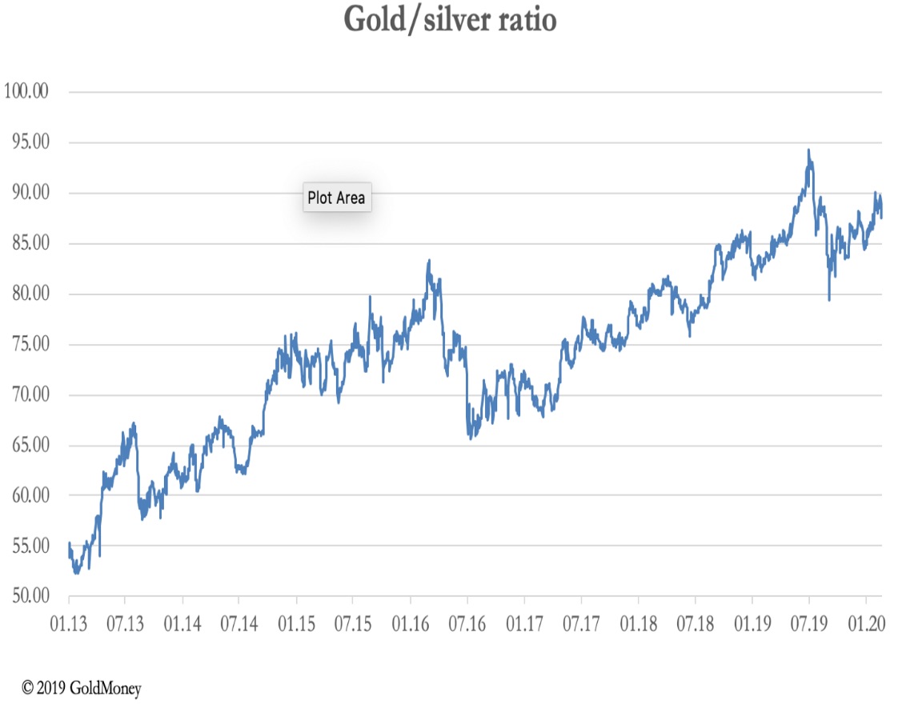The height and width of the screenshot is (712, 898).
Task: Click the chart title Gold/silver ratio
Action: [450, 20]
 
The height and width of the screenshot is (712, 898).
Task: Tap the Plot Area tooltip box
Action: [337, 198]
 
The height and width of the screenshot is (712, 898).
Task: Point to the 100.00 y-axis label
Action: [26, 91]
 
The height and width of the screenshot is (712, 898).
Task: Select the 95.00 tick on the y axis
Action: [31, 142]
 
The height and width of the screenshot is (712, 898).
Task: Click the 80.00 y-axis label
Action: [31, 294]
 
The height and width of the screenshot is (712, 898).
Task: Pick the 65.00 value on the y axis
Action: [31, 445]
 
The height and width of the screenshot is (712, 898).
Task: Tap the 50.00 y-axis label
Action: [31, 596]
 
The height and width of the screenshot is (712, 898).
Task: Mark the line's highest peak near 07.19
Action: [808, 150]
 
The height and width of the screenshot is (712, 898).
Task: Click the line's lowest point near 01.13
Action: [76, 573]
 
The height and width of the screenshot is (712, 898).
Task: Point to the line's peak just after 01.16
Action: [429, 260]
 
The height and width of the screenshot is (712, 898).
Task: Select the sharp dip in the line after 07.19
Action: [828, 300]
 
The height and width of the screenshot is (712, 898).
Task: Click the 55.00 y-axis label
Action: [31, 546]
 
